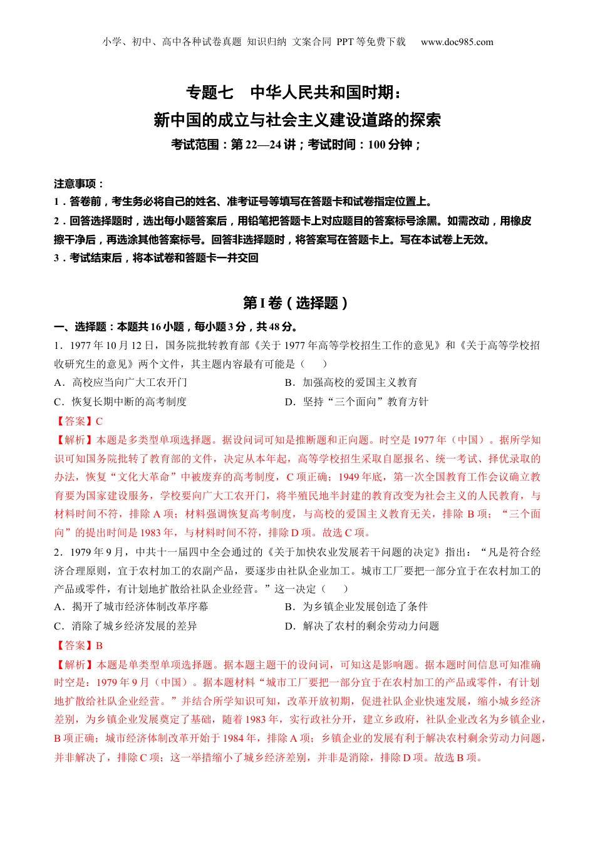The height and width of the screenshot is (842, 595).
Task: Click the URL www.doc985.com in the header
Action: (x=457, y=42)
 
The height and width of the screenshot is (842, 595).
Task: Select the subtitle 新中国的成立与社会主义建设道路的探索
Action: (x=297, y=119)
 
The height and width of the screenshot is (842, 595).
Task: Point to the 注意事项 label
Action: (x=78, y=184)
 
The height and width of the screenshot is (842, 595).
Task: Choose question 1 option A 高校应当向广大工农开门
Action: (x=121, y=382)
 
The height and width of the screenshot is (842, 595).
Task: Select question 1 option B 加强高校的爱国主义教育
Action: (x=351, y=382)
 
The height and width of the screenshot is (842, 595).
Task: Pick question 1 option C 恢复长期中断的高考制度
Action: (x=121, y=402)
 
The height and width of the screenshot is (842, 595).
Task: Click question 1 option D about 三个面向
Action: (x=356, y=402)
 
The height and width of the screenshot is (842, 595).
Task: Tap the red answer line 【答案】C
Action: (x=78, y=421)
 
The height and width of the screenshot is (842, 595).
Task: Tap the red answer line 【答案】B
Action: (x=78, y=645)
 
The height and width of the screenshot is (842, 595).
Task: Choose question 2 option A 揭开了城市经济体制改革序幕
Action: (x=132, y=606)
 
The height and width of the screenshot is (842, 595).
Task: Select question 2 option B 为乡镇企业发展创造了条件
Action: (x=356, y=606)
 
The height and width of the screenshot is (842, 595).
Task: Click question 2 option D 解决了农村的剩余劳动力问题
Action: (x=362, y=626)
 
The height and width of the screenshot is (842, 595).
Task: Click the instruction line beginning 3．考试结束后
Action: (x=156, y=258)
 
